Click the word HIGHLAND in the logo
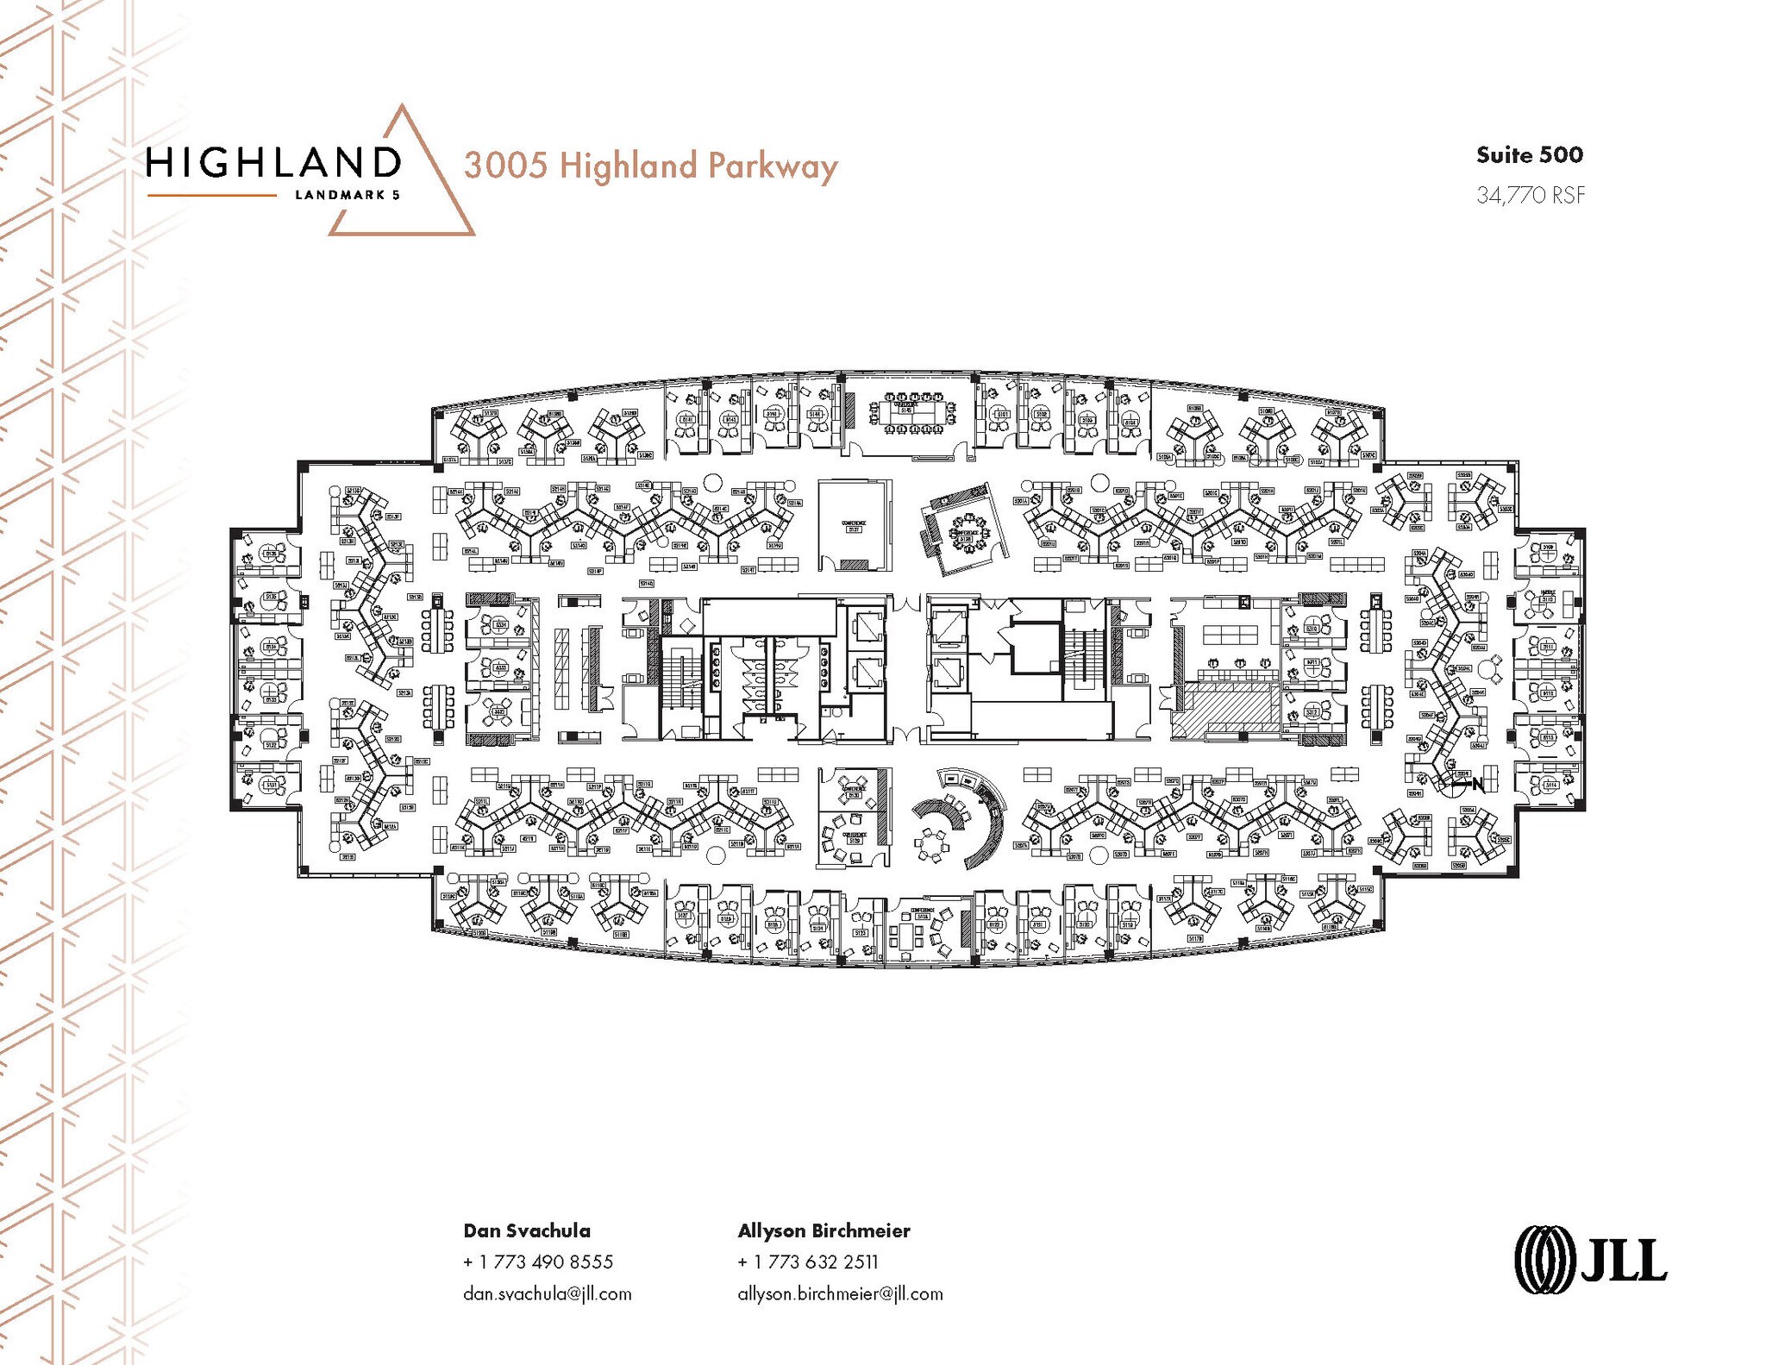tap(273, 162)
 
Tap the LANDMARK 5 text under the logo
tap(347, 195)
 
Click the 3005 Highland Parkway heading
tap(650, 166)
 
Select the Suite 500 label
tap(1529, 155)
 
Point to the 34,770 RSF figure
tap(1530, 195)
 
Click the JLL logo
tap(1590, 1262)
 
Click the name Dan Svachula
tap(527, 1230)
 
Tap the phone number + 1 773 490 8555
tap(538, 1262)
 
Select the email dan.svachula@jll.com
tap(547, 1293)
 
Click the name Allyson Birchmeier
tap(824, 1230)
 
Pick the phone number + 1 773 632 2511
tap(807, 1262)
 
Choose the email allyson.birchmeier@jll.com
tap(840, 1293)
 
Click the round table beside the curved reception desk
tap(931, 842)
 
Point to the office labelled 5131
tap(270, 784)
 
